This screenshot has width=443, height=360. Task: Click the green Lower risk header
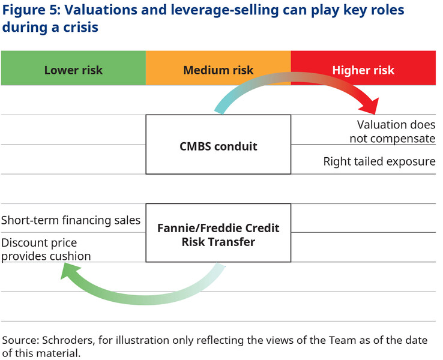point(73,70)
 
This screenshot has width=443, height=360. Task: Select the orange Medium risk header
point(218,70)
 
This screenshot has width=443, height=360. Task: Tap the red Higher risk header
point(363,70)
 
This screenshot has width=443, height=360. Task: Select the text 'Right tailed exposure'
point(379,161)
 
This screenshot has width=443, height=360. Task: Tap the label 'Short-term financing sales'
point(71,220)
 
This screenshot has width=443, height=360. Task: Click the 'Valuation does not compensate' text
point(396,131)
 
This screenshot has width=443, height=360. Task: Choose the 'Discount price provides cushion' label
point(47,250)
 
